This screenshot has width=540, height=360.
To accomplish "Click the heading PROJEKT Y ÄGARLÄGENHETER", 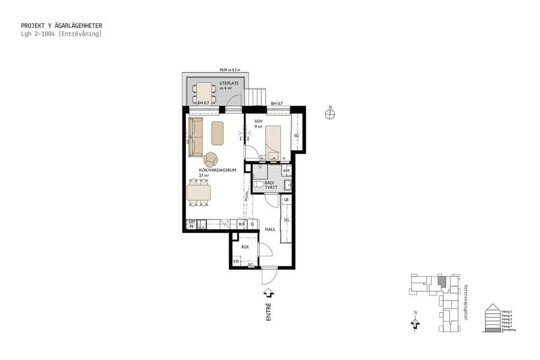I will (x=61, y=26).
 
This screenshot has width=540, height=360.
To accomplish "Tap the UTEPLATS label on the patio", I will (x=228, y=84).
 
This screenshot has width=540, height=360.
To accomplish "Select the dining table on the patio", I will (x=204, y=93).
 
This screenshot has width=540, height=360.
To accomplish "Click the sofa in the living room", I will (x=196, y=137).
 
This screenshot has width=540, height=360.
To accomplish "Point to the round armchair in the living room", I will (x=211, y=160).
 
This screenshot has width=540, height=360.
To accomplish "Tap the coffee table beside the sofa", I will (x=217, y=133).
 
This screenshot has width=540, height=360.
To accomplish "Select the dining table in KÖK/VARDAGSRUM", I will (x=199, y=193).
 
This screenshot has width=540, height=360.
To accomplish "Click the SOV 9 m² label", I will (x=259, y=124).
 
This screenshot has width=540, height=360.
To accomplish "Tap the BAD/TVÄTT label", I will (x=270, y=184).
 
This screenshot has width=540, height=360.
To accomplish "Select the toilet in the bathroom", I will (x=259, y=185).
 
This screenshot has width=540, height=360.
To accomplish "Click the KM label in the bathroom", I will (x=286, y=171).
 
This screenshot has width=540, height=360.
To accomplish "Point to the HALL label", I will (x=270, y=229).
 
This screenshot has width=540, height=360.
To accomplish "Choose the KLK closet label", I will (x=245, y=247).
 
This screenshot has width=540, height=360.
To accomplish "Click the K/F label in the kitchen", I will (x=242, y=224).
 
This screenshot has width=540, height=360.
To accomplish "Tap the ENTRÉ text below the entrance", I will (x=269, y=312).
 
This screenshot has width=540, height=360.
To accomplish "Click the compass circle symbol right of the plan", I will (x=329, y=115).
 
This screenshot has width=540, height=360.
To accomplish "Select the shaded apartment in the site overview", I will (x=442, y=280).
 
